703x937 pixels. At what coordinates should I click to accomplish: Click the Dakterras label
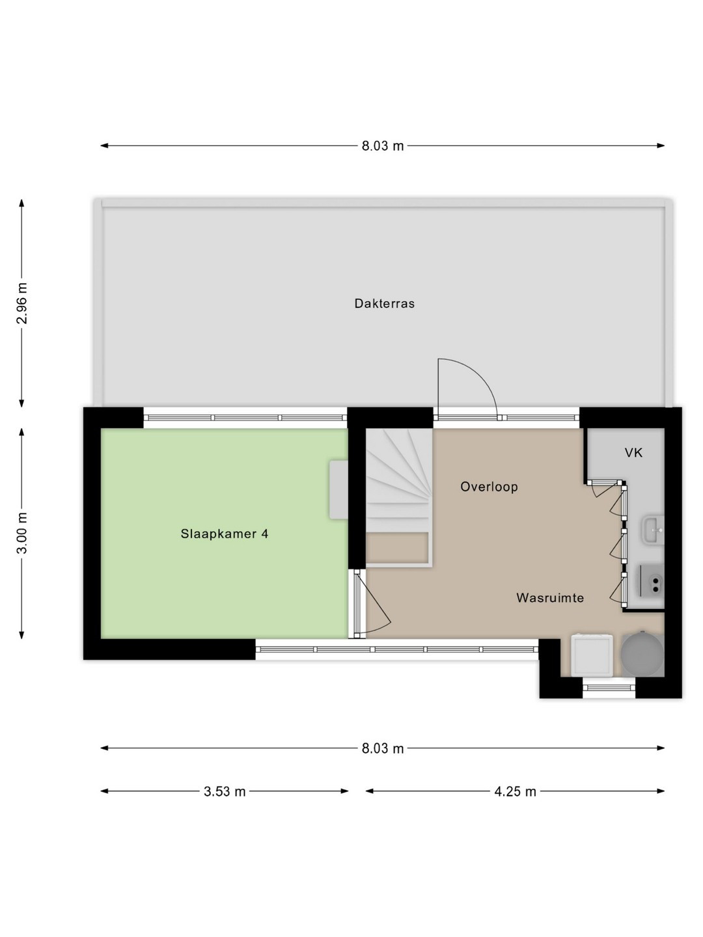click(x=384, y=303)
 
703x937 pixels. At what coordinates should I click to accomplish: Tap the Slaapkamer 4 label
click(x=225, y=534)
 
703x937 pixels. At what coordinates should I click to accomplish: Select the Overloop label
click(x=489, y=487)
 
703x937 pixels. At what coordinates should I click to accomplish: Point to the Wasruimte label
click(x=550, y=597)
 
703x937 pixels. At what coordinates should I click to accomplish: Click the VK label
click(x=633, y=452)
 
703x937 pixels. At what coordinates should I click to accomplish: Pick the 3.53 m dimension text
click(x=225, y=791)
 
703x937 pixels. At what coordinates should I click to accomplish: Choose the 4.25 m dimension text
click(x=515, y=791)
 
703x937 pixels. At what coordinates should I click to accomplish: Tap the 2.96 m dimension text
click(x=21, y=303)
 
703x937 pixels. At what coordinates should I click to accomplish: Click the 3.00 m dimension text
click(x=21, y=533)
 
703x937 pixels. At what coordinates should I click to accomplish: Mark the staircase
click(x=399, y=497)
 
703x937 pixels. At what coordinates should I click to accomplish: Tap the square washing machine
click(x=592, y=656)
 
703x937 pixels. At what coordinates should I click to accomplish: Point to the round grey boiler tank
click(x=642, y=654)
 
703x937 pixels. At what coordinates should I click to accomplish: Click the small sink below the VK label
click(x=654, y=530)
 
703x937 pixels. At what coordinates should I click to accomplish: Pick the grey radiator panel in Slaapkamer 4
click(x=338, y=489)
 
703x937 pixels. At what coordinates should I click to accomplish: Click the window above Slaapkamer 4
click(x=245, y=418)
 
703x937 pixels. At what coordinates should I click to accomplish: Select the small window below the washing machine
click(x=609, y=687)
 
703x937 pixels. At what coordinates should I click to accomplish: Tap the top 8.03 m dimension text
click(x=383, y=146)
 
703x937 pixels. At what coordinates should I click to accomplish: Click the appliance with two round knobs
click(x=652, y=581)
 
